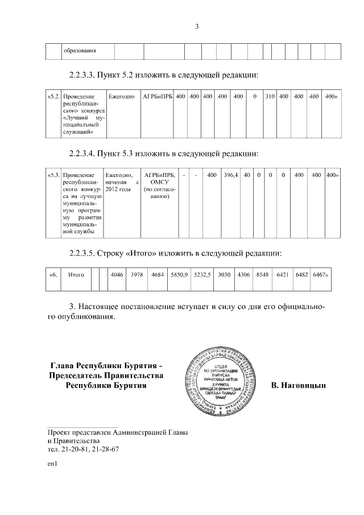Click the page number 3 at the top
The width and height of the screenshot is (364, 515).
pyautogui.click(x=197, y=26)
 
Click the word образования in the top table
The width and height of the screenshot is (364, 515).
pyautogui.click(x=79, y=51)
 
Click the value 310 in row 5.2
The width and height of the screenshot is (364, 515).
pyautogui.click(x=270, y=97)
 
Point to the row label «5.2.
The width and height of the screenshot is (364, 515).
pyautogui.click(x=53, y=97)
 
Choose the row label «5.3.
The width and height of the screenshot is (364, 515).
pyautogui.click(x=53, y=175)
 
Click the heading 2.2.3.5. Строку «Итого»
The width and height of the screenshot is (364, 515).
pyautogui.click(x=175, y=253)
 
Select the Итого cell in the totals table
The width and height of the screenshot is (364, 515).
pyautogui.click(x=76, y=275)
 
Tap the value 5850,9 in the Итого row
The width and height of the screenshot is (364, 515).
pyautogui.click(x=179, y=275)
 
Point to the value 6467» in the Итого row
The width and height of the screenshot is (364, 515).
pyautogui.click(x=322, y=275)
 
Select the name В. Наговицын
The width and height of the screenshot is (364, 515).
pyautogui.click(x=299, y=386)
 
